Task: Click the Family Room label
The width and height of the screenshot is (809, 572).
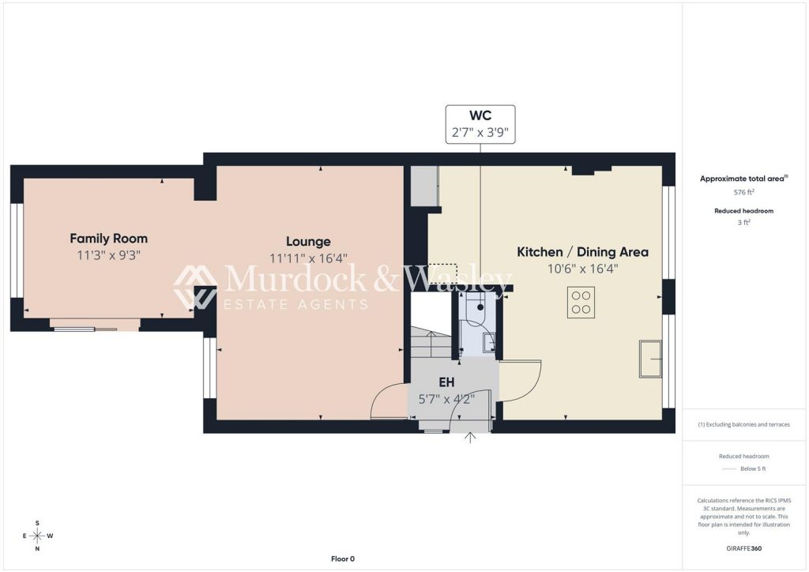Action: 108,239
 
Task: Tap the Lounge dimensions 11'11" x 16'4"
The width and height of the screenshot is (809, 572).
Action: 308,258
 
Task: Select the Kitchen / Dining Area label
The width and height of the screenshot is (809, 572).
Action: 582,252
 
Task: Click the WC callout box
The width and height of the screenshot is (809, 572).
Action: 480,124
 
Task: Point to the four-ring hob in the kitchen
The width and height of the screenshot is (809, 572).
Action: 581,303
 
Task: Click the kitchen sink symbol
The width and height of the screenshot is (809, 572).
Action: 651,359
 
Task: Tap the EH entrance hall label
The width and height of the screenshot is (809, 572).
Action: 447,382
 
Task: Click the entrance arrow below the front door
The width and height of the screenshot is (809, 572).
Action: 470,438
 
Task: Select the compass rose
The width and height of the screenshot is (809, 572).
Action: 37,536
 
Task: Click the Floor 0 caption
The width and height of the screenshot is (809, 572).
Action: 343,559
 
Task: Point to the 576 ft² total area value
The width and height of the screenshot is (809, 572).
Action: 744,192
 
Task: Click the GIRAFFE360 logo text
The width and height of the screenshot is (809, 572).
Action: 743,548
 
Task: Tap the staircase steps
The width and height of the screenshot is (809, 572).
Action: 431,342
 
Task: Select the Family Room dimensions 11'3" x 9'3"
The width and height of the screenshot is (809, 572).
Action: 108,255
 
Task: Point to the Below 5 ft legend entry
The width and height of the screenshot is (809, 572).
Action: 743,469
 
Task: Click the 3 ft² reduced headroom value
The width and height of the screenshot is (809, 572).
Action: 743,222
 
